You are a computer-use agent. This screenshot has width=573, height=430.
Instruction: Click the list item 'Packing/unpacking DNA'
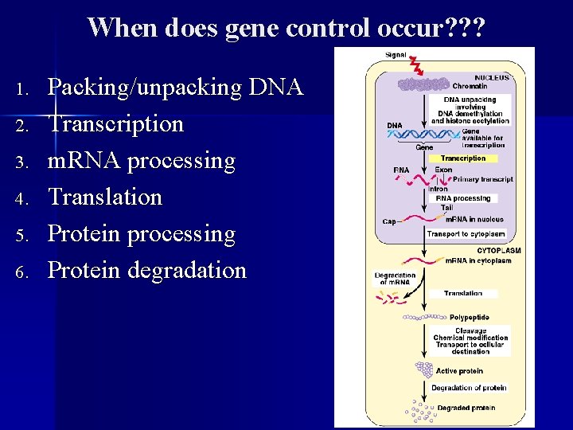tap(175, 87)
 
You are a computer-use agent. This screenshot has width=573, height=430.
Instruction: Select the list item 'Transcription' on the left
tap(115, 123)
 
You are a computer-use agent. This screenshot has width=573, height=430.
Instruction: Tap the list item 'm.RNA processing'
tap(142, 160)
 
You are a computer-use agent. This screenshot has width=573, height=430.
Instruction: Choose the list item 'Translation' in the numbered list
tap(104, 197)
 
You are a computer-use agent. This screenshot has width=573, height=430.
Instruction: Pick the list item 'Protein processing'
tap(142, 234)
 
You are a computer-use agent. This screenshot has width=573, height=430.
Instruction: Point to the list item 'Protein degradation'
tap(146, 270)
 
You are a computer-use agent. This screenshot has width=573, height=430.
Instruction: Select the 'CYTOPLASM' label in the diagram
tap(488, 250)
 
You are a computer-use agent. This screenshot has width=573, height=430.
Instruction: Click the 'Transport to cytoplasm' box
tap(466, 234)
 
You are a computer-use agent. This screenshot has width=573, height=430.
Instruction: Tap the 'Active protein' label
tap(458, 371)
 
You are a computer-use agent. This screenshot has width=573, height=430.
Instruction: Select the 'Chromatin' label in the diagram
tap(470, 86)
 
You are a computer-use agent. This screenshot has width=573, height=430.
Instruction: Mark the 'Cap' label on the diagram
tap(388, 221)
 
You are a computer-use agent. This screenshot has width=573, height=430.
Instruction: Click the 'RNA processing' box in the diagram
tap(469, 198)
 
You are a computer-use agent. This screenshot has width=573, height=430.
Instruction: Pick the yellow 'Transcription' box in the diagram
tap(463, 158)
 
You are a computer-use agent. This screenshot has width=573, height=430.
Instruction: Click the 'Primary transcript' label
tap(484, 179)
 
